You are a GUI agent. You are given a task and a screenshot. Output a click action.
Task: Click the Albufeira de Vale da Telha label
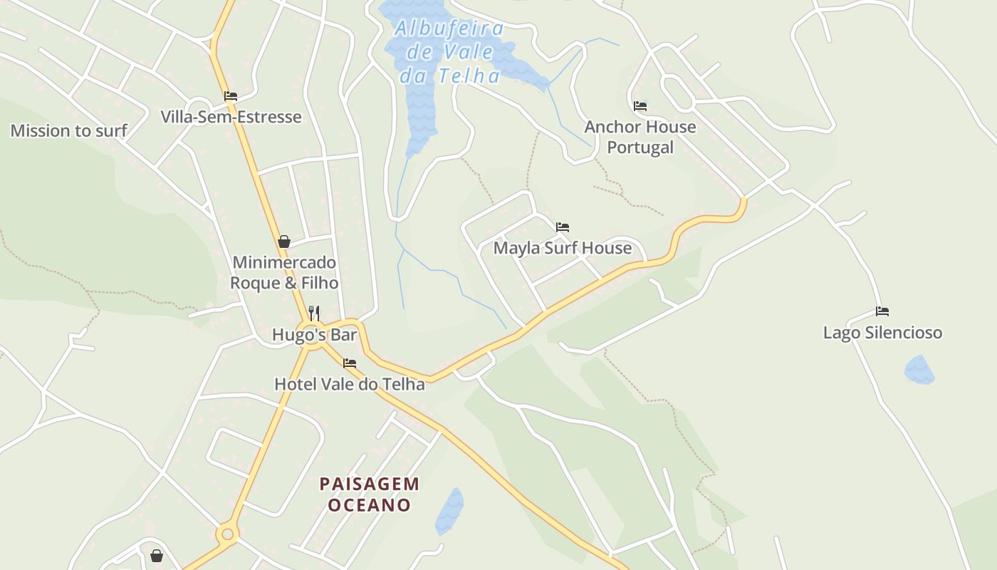[449, 52]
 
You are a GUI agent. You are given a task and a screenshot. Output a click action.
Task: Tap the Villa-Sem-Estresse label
[231, 117]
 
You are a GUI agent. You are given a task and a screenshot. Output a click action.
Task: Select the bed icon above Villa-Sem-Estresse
[231, 96]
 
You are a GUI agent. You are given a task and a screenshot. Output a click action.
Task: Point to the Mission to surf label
[68, 130]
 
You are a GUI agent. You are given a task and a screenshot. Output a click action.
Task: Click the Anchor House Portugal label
[640, 137]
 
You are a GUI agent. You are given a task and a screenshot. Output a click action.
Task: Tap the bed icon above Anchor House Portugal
[640, 106]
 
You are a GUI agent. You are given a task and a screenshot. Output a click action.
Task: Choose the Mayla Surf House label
[563, 248]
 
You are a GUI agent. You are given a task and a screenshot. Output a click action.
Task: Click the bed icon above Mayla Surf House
[563, 227]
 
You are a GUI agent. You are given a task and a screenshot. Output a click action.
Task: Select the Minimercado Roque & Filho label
[284, 273]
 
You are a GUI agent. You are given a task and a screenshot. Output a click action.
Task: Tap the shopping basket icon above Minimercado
[284, 242]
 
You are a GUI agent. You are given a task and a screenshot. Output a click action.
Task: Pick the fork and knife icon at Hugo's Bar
[314, 313]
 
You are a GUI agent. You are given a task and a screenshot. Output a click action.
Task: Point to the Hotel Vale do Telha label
[350, 384]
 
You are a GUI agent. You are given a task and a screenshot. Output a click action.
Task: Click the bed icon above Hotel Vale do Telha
[350, 363]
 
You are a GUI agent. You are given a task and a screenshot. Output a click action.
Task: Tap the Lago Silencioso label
[882, 333]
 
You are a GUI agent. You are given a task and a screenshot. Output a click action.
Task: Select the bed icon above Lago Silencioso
[882, 311]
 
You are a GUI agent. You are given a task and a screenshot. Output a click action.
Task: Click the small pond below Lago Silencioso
[919, 370]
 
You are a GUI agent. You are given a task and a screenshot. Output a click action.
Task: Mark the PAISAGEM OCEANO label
[370, 494]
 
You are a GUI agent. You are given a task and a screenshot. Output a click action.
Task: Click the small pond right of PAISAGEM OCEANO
[449, 512]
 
